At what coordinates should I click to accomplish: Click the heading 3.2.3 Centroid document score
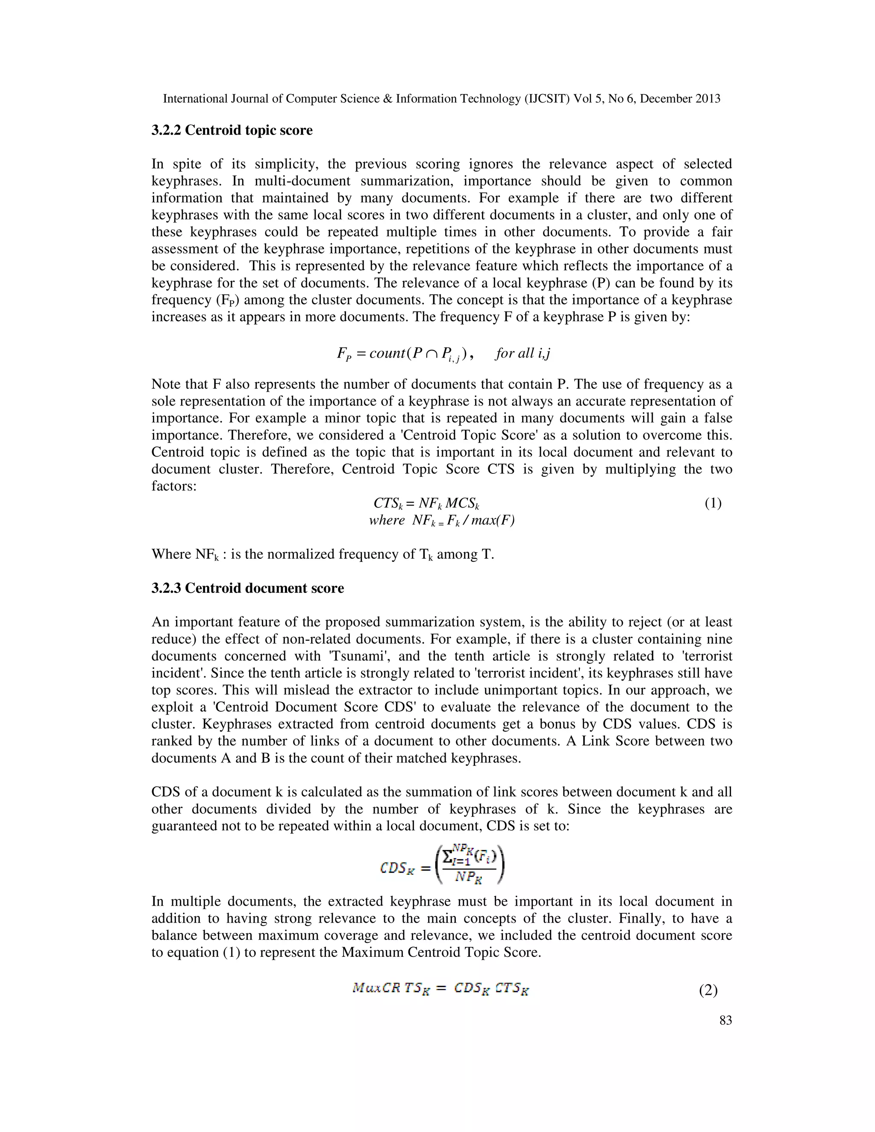click(x=247, y=588)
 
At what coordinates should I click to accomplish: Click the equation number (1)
click(x=713, y=503)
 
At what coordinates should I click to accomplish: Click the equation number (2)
click(x=708, y=991)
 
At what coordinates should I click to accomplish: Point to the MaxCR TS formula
click(x=440, y=988)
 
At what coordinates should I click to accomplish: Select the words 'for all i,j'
click(x=523, y=354)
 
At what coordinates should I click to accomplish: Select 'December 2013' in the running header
click(x=680, y=99)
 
